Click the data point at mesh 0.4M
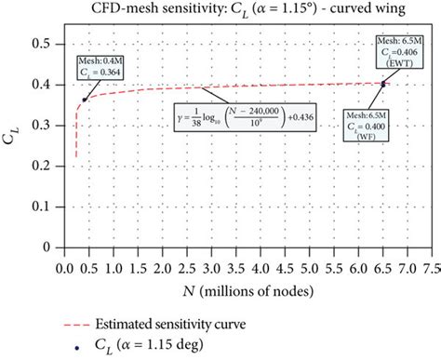click(x=84, y=100)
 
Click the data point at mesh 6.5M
click(x=382, y=84)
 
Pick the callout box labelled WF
click(x=367, y=124)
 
